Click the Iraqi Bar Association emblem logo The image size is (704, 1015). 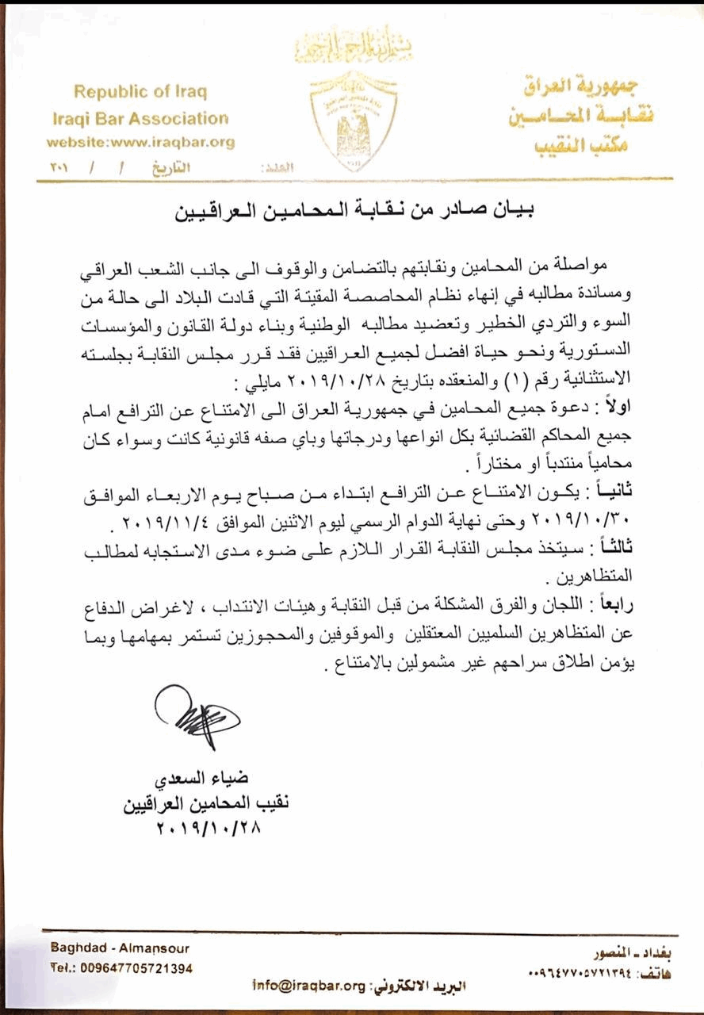(x=354, y=121)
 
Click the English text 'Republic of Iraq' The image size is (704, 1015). (x=141, y=91)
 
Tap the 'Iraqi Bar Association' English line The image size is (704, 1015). (x=140, y=119)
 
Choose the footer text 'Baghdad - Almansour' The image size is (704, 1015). (x=120, y=948)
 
